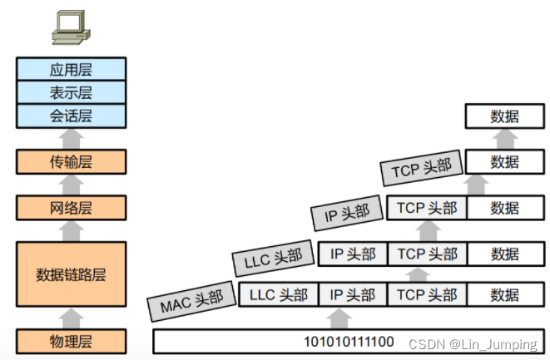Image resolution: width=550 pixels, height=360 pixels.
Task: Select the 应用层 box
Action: tap(71, 68)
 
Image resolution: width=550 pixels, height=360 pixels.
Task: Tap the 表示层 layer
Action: tap(71, 91)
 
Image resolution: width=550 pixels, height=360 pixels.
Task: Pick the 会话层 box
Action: tap(71, 115)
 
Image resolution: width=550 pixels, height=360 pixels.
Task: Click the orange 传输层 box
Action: tap(71, 161)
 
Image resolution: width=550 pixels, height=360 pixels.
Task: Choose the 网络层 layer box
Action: tap(71, 208)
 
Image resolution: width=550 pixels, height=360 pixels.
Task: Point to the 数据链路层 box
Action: tap(71, 274)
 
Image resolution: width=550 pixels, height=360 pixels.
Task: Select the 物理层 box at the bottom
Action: tap(71, 341)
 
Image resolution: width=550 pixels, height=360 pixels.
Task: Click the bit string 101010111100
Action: tap(349, 341)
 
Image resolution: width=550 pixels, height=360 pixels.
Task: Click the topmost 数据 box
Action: tap(504, 116)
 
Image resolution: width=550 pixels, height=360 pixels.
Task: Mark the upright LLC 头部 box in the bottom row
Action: tap(279, 294)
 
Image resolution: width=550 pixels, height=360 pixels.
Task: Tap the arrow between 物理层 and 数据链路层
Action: tap(71, 318)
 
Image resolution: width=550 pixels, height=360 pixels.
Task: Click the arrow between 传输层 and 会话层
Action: tap(71, 138)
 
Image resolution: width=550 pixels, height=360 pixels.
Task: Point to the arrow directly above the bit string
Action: tap(338, 318)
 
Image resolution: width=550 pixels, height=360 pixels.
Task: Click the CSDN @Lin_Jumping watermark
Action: tap(472, 343)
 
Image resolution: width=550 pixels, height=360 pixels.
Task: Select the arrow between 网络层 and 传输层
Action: tap(71, 184)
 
